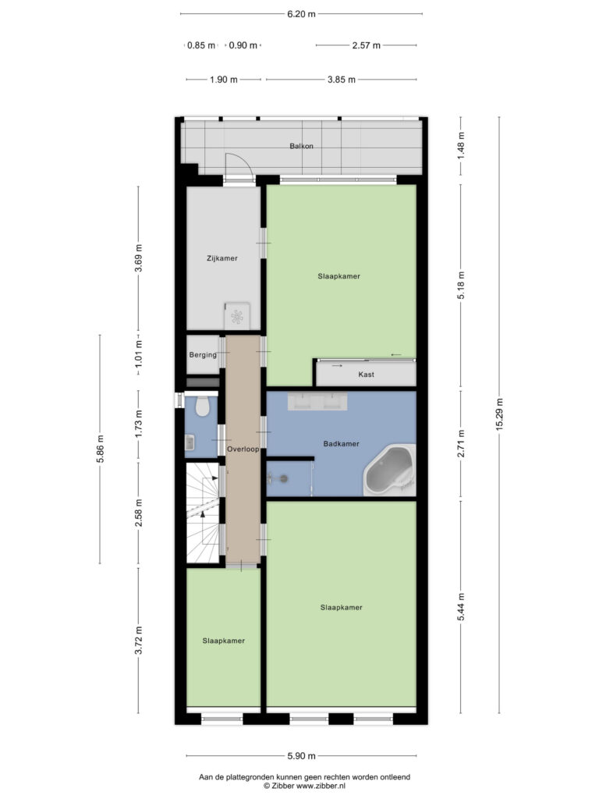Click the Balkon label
302,146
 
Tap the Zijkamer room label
222,258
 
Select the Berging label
203,355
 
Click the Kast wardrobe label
366,375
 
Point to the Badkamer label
341,444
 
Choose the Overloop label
243,450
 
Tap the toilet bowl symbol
204,407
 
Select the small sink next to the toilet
190,443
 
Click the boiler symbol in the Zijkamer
236,316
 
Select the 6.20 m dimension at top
301,14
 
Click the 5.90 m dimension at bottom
301,756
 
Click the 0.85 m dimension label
201,45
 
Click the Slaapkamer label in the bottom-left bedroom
224,641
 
